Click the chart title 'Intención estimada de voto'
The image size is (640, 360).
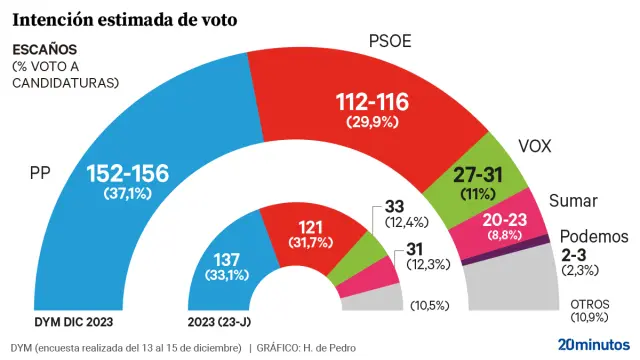click(124, 18)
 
